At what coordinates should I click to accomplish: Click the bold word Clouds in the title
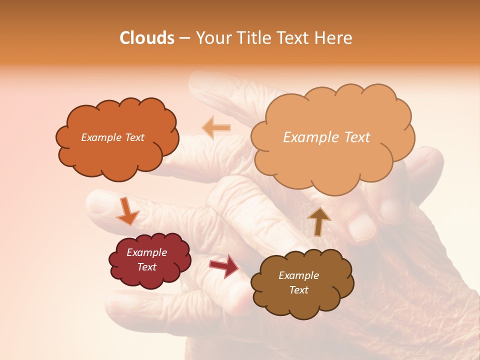pos(147,38)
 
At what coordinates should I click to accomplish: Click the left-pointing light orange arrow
pos(216,128)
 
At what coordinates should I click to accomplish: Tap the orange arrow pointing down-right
pos(127,211)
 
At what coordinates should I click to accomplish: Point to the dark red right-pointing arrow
pos(224,265)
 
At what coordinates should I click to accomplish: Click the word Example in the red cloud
pos(146,252)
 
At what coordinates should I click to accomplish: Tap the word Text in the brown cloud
pos(298,290)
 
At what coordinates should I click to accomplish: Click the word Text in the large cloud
pos(353,137)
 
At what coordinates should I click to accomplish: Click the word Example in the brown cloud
pos(298,275)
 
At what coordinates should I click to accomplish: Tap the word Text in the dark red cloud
pos(146,267)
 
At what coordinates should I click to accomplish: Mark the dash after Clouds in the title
pos(184,38)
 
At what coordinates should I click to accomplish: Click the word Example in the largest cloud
pos(308,137)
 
